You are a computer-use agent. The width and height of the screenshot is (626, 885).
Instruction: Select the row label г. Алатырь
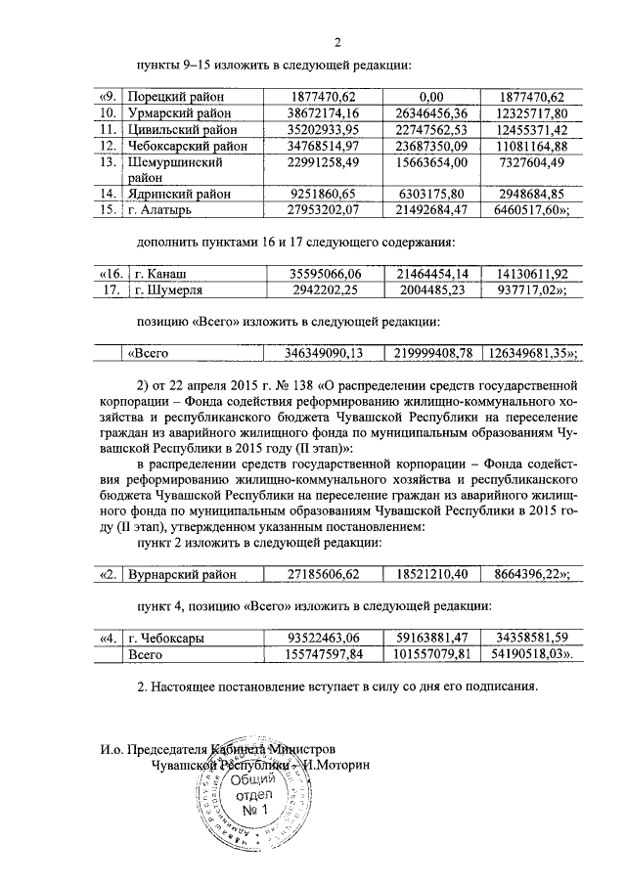coord(162,210)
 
